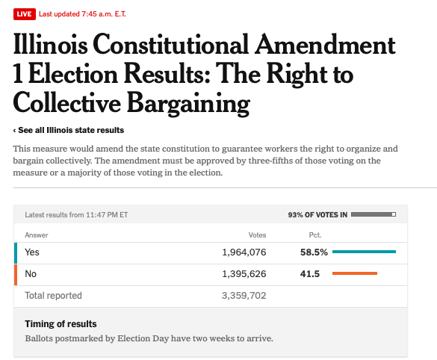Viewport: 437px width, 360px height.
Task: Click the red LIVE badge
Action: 25,14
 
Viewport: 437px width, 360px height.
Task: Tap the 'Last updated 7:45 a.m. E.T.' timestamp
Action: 82,14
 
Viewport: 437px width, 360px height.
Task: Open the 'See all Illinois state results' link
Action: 69,130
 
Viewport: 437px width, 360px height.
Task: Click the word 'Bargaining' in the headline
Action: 188,104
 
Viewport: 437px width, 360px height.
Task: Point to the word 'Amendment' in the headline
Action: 325,45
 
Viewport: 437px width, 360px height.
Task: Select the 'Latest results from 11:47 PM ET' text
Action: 76,215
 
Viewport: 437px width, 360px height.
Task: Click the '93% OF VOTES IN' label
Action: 317,215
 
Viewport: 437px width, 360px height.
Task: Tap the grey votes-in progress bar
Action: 374,214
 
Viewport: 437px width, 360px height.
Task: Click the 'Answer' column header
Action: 37,235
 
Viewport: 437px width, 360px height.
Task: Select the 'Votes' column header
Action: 257,235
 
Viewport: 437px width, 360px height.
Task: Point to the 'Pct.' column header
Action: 315,235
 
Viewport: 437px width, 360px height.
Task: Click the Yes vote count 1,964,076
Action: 244,252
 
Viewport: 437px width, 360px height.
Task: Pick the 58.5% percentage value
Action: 314,252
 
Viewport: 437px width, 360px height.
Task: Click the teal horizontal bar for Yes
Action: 364,252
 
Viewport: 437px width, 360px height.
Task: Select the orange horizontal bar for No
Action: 355,273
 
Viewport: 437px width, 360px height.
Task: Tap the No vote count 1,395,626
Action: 244,274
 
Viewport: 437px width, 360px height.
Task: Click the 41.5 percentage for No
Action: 310,274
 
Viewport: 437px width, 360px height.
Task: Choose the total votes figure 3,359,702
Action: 244,295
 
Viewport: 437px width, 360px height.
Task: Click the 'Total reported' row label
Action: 54,295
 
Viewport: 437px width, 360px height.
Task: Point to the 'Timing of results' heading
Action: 61,324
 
